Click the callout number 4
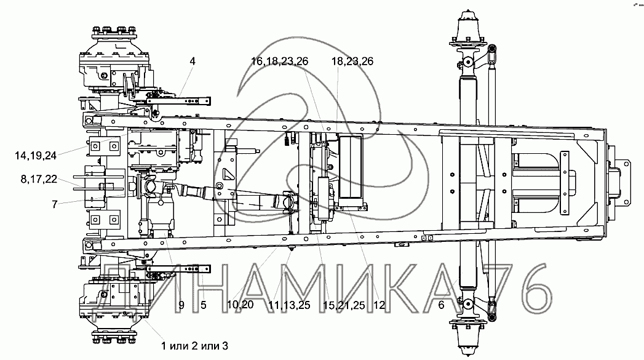click(x=192, y=62)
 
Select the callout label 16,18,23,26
click(x=280, y=62)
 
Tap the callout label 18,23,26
click(x=352, y=62)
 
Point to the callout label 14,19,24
click(x=36, y=155)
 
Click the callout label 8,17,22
click(x=39, y=180)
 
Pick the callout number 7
click(x=55, y=204)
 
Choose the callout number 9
click(x=181, y=305)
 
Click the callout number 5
click(x=204, y=305)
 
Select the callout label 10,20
click(x=241, y=305)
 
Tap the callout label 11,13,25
click(x=289, y=305)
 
